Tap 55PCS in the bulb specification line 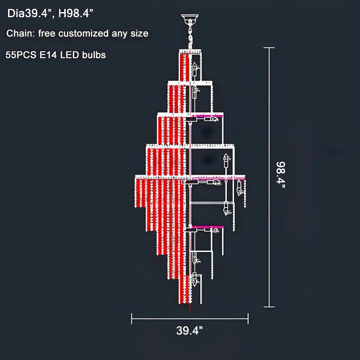[20, 55]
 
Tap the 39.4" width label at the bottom [189, 332]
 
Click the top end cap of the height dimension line [269, 48]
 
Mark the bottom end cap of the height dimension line [269, 307]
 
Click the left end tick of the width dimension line [132, 319]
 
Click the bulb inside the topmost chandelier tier [196, 69]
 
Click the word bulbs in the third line [95, 55]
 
